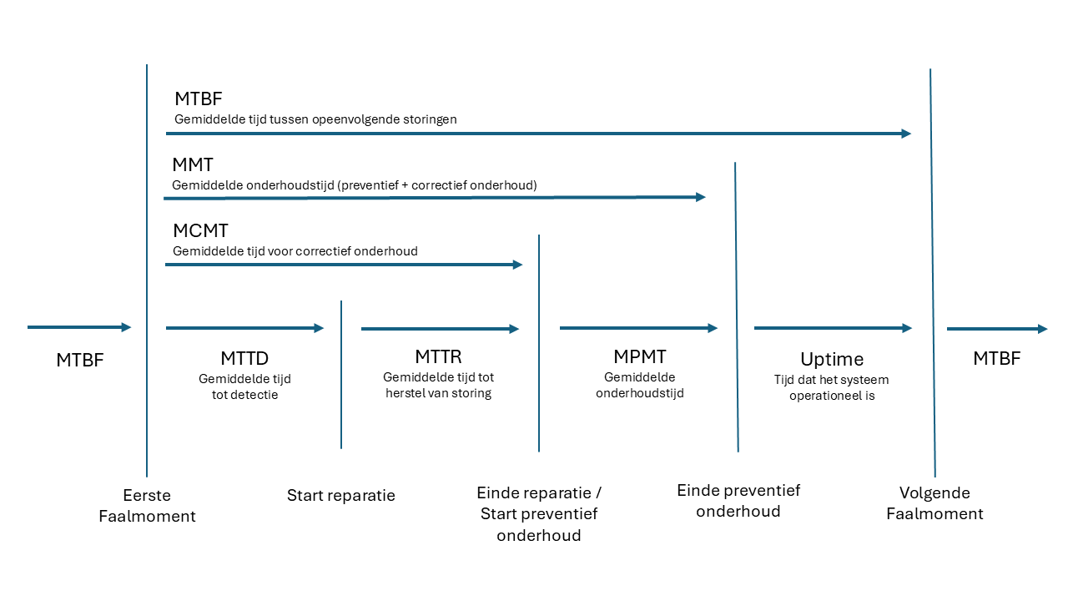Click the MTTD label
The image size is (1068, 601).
[244, 359]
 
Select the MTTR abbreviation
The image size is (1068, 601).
[438, 357]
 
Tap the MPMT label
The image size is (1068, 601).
[640, 357]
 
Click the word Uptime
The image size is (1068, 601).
[832, 360]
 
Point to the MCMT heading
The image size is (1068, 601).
[200, 230]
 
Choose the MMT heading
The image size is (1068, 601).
[193, 165]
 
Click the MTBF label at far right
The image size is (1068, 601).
[996, 359]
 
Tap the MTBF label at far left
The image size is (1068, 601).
[80, 361]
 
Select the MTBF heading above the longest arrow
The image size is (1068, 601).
[199, 100]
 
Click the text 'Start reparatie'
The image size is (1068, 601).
[341, 496]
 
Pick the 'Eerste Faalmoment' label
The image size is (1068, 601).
[147, 505]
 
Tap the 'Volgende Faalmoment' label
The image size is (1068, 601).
[934, 503]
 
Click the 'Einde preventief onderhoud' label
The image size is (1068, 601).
[738, 501]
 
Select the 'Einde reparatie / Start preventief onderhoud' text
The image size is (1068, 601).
[539, 514]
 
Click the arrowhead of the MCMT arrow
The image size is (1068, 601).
[517, 265]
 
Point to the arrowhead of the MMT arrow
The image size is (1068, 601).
[701, 197]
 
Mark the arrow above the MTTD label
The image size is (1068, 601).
[244, 328]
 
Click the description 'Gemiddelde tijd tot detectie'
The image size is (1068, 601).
[244, 386]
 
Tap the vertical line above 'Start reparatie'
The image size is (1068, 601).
[341, 376]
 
